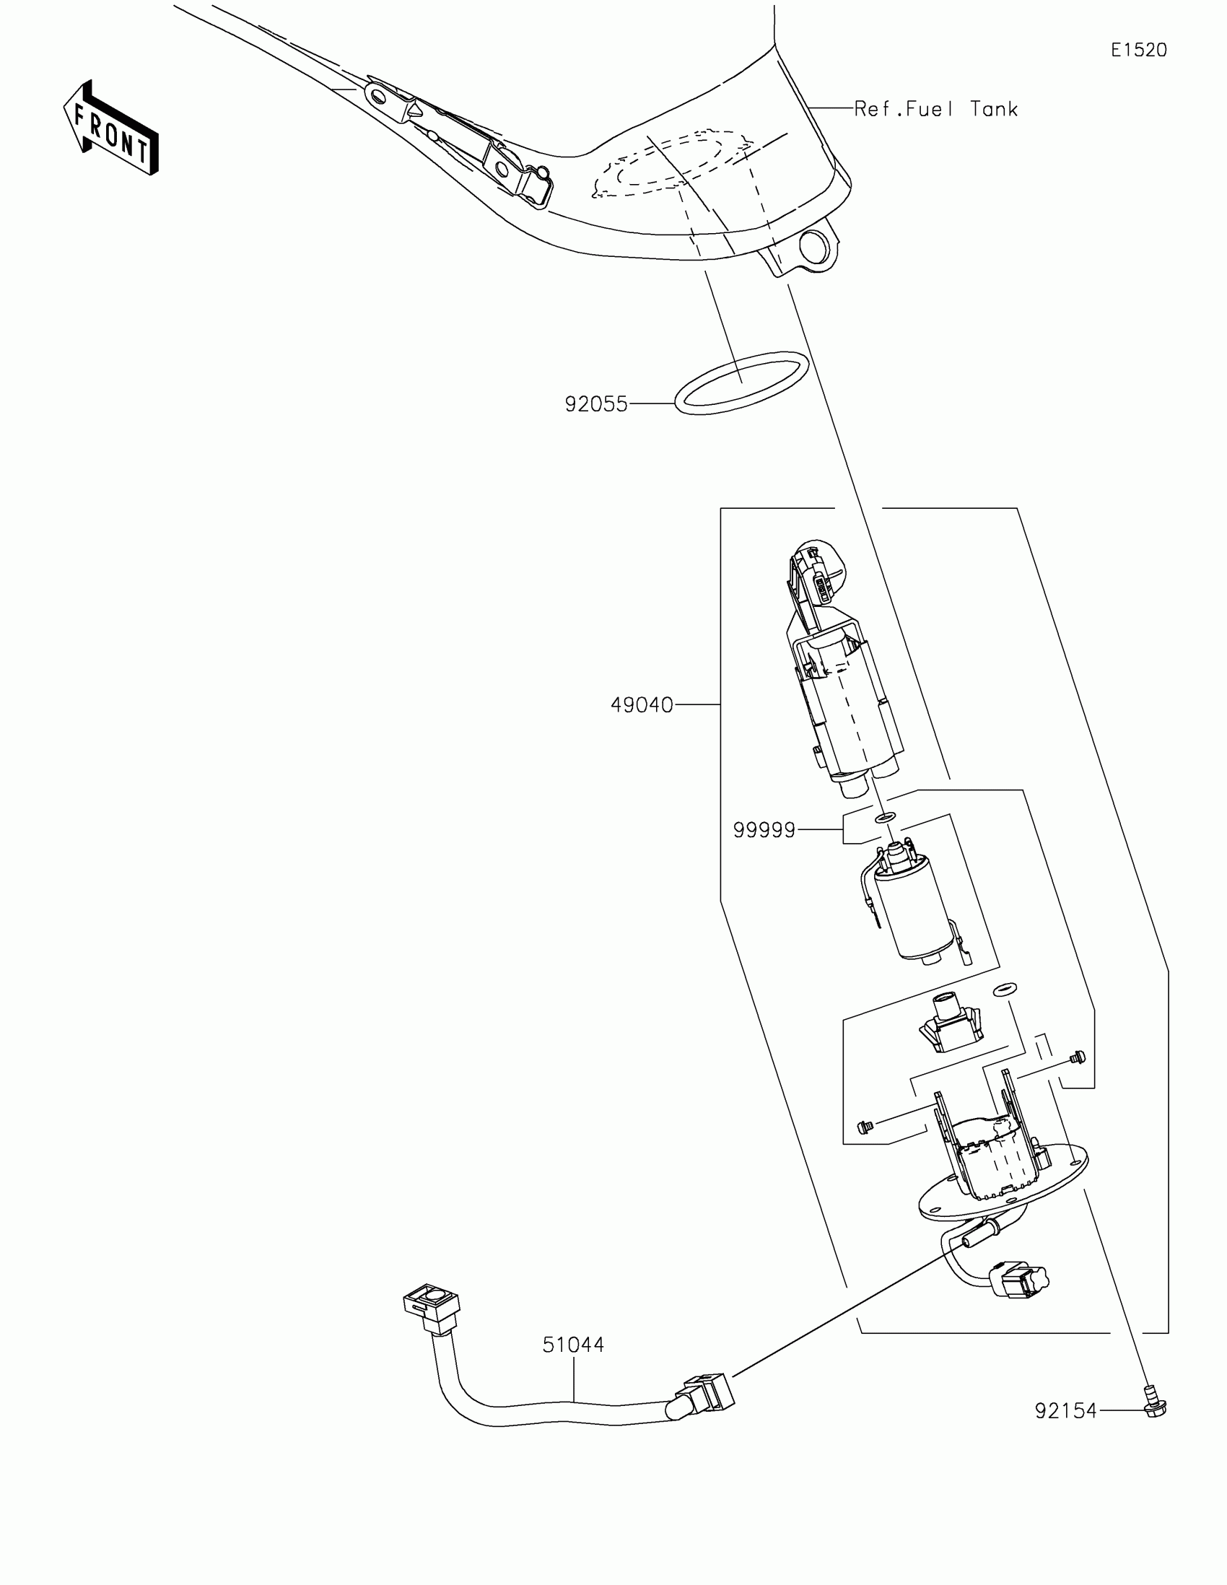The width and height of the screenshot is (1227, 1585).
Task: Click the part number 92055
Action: tap(595, 404)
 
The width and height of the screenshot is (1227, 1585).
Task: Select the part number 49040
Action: tap(642, 704)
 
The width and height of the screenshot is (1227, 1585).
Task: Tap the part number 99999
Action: tap(764, 830)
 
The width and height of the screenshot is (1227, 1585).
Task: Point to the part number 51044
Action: tap(573, 1345)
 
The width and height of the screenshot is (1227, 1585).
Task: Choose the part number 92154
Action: tap(1065, 1412)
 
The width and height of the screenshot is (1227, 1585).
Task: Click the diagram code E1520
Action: tap(1138, 50)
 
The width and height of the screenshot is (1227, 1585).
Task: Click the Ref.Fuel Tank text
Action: tap(936, 110)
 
